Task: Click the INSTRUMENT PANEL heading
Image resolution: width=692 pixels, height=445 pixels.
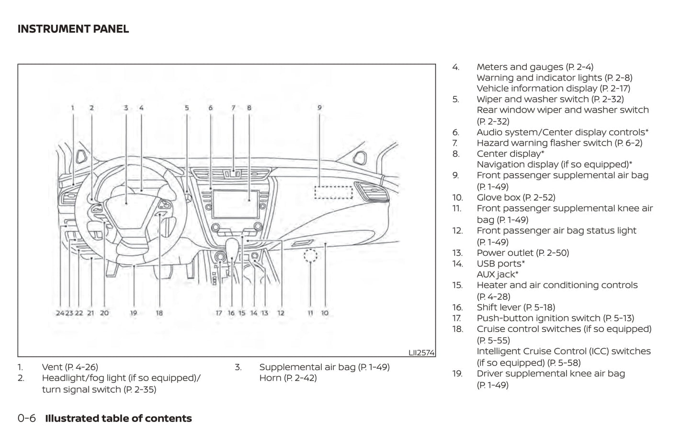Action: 73,29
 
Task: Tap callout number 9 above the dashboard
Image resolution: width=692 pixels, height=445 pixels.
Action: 319,108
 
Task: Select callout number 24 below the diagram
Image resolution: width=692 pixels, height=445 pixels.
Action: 60,313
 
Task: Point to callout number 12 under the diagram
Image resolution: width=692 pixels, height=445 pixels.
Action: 281,313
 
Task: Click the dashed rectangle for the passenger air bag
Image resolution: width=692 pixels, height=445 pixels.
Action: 333,192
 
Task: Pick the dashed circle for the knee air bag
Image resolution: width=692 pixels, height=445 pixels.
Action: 310,256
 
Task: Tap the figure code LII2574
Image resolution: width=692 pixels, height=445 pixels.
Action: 421,353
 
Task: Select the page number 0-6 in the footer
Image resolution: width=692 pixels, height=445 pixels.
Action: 27,418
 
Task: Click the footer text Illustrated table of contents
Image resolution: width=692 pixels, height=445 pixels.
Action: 118,418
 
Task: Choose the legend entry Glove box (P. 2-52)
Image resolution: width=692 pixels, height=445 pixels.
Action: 516,197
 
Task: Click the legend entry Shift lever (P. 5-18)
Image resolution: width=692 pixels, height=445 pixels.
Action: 516,308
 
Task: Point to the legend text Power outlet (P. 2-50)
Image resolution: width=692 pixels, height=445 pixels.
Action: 522,253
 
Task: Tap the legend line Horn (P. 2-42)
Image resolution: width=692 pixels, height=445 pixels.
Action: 288,378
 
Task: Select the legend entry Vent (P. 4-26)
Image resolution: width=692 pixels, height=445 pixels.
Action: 70,367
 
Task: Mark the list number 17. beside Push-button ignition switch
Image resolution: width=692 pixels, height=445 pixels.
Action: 457,318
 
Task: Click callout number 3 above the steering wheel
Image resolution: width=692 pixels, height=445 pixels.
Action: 126,108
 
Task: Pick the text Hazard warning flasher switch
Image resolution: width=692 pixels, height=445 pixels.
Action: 544,143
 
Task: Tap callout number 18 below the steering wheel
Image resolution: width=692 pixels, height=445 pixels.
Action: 159,313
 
